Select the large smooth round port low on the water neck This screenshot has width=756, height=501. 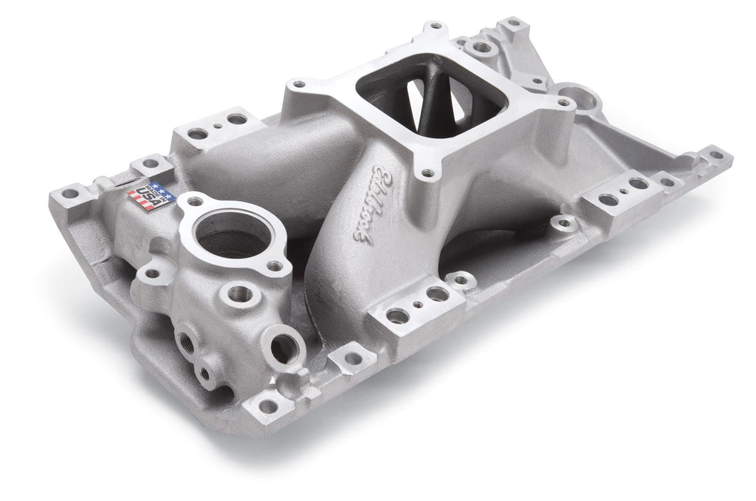(x=281, y=348)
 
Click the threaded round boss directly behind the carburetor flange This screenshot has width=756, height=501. (x=476, y=49)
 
